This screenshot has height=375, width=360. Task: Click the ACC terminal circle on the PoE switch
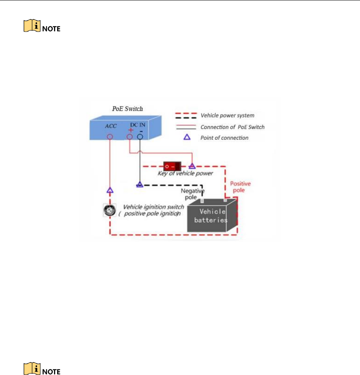click(110, 137)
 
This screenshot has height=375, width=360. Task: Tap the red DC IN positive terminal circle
click(129, 137)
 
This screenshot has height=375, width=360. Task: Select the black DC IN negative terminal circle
click(140, 137)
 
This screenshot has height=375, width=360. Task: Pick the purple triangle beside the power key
click(192, 166)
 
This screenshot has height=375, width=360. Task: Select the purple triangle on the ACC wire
click(110, 190)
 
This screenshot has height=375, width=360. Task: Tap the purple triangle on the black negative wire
click(139, 184)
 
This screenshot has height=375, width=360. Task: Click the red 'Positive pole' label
click(241, 187)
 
